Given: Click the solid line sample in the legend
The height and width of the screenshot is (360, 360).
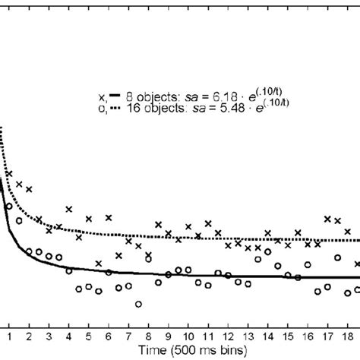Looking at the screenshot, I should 114,96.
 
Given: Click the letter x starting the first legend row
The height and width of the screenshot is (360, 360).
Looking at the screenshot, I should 102,97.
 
